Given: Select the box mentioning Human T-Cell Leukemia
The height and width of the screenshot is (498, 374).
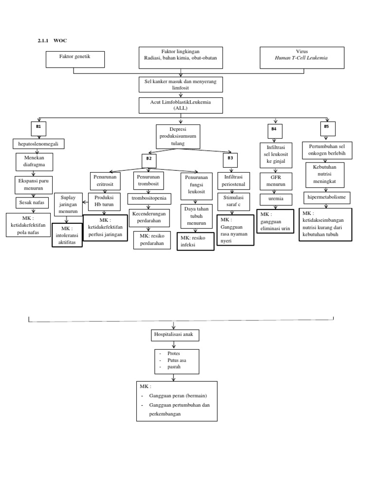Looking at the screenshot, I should [x=302, y=57].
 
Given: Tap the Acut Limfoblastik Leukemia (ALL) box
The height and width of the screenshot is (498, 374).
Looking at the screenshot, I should [x=180, y=105].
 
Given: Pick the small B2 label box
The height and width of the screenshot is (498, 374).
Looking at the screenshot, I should [x=149, y=160].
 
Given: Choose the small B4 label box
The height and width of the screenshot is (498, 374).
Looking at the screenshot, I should [x=274, y=130].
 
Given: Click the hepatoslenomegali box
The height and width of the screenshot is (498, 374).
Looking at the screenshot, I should [x=38, y=144].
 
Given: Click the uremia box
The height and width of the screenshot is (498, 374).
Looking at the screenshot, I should [x=276, y=199].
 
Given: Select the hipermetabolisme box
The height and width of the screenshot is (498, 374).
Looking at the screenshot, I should [x=327, y=197].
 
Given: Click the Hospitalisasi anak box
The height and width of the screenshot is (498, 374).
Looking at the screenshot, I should [x=174, y=336].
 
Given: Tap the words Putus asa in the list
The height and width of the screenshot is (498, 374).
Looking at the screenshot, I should [x=177, y=360].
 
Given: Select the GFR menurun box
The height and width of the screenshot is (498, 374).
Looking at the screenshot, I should [x=276, y=181].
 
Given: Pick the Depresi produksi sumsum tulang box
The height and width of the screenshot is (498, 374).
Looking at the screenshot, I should [x=178, y=137].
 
